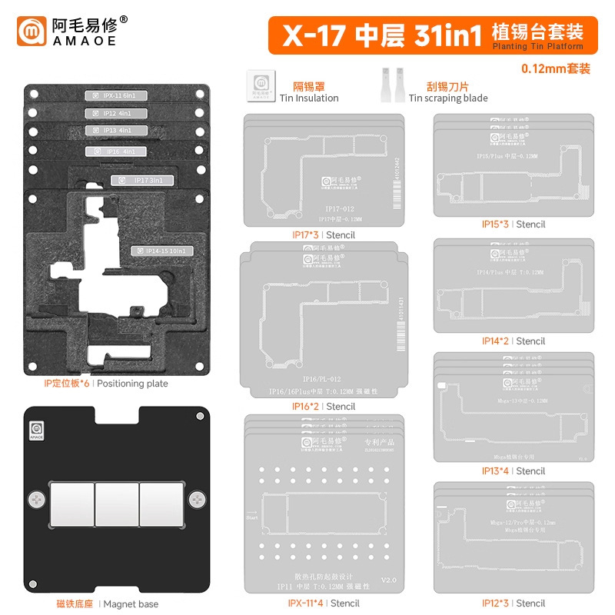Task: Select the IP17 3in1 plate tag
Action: pyautogui.click(x=142, y=180)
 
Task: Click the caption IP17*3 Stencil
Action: pyautogui.click(x=322, y=234)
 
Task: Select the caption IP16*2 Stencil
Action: pyautogui.click(x=322, y=406)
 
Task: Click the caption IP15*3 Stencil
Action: pyautogui.click(x=513, y=224)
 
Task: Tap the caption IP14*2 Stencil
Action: pyautogui.click(x=513, y=341)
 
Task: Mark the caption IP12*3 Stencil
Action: pyautogui.click(x=513, y=603)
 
